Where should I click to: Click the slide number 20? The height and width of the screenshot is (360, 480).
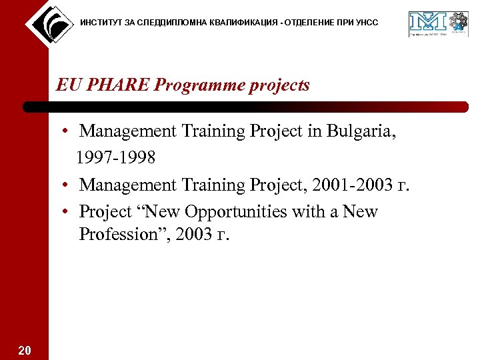(x=24, y=350)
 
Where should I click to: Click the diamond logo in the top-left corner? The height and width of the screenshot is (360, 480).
(x=48, y=24)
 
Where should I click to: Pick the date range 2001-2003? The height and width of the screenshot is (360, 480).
(x=346, y=185)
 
